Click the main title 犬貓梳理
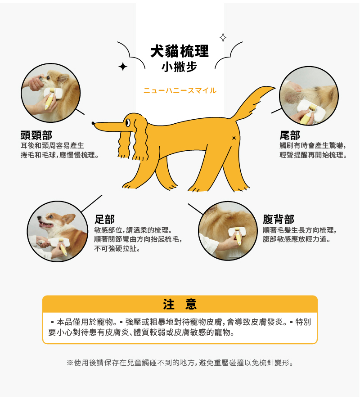tap(180, 51)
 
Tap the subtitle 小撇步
tap(180, 67)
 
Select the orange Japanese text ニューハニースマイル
tap(180, 91)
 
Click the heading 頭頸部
tap(36, 135)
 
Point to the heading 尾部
tap(290, 135)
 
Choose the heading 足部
tap(104, 220)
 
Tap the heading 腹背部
tap(279, 220)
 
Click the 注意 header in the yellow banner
tap(180, 304)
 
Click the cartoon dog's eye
tap(128, 123)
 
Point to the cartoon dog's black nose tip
tap(93, 123)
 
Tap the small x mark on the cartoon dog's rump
tap(234, 138)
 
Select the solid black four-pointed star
tap(123, 67)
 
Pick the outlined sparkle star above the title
tap(223, 38)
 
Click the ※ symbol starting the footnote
tap(70, 363)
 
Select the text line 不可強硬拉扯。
tap(117, 249)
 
